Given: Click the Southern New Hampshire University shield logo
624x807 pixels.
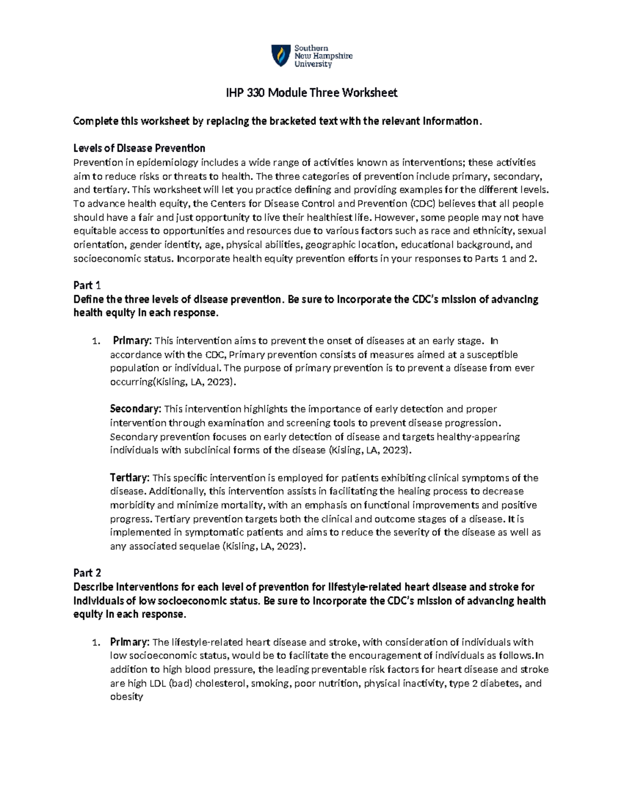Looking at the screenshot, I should pyautogui.click(x=281, y=56).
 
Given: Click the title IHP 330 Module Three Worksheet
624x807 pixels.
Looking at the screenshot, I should pyautogui.click(x=311, y=93).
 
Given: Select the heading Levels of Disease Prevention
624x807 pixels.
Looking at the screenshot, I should pyautogui.click(x=139, y=148).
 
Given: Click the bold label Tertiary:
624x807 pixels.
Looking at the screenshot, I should pyautogui.click(x=129, y=478).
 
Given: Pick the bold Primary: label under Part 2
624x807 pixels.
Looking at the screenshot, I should pyautogui.click(x=129, y=642).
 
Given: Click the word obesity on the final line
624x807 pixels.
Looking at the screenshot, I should pyautogui.click(x=126, y=697).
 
